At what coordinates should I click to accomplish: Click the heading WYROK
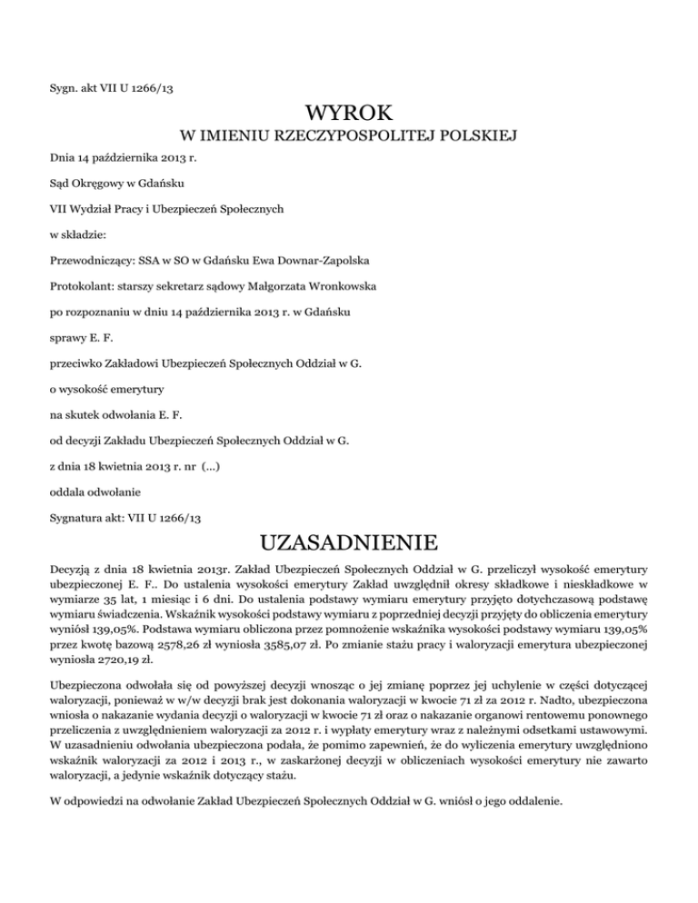coord(349,114)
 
